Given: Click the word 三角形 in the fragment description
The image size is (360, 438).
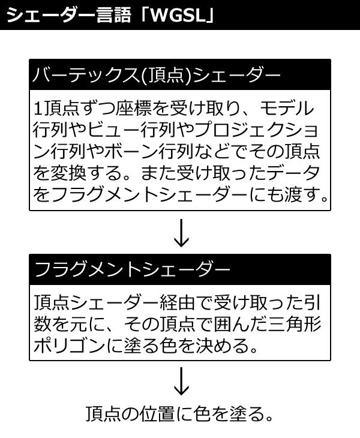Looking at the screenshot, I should coord(294,324).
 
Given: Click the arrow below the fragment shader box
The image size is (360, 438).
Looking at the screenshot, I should coord(181,381).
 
